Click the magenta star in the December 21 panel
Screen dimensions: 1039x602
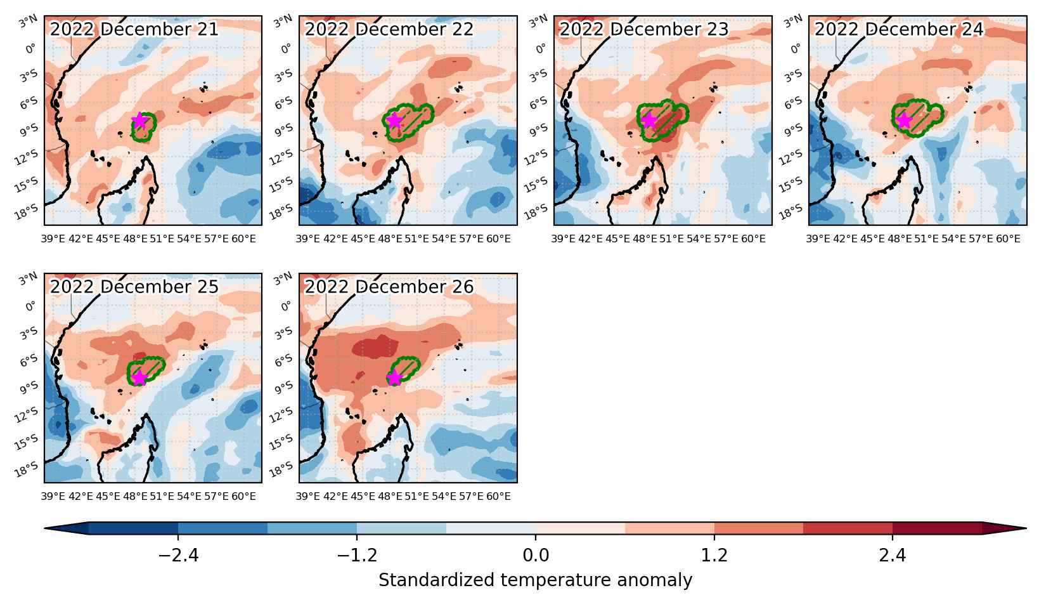pos(139,121)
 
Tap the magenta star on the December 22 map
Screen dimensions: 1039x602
pos(394,121)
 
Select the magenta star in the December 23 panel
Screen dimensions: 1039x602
pos(649,121)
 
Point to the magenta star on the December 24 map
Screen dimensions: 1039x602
pos(904,121)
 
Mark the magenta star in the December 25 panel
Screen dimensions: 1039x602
pos(139,378)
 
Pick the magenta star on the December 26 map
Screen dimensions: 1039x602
pos(394,378)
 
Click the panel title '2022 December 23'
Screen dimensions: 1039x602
pos(644,29)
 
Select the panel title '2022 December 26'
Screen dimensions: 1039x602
pos(389,287)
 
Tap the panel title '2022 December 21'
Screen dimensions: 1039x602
pos(134,29)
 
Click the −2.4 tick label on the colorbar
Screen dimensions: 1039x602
pos(178,555)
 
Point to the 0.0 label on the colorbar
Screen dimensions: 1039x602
pos(536,555)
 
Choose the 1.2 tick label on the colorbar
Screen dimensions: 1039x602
pos(714,555)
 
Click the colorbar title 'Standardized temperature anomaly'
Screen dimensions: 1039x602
pos(535,580)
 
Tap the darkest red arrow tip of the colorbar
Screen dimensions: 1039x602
pos(1004,528)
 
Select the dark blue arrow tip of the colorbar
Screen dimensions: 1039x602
pos(67,528)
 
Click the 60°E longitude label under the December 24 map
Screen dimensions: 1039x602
pos(1009,239)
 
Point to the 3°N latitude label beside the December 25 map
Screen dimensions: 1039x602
pos(29,279)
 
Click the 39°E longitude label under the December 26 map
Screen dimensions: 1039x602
pos(308,497)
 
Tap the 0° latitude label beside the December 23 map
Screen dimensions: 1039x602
pos(541,49)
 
